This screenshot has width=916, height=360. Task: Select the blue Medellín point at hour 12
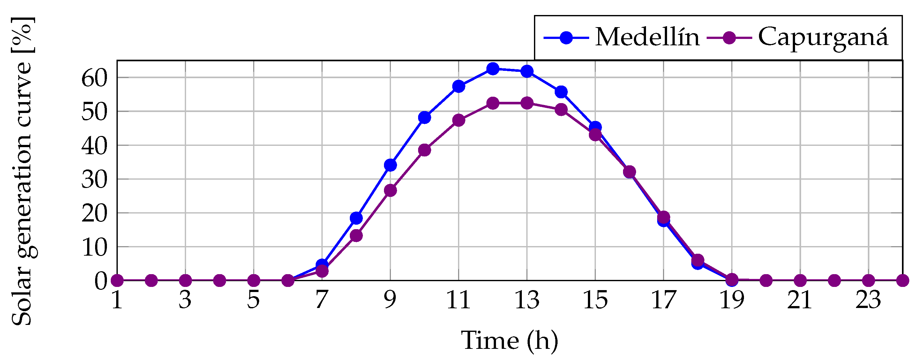click(492, 69)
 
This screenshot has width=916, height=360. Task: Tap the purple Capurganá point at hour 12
click(492, 103)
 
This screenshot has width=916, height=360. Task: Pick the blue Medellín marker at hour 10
click(424, 117)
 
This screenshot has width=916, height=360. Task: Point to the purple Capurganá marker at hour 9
click(390, 191)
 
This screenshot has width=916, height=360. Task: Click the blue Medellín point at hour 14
click(561, 92)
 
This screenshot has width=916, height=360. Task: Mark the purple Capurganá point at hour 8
click(356, 236)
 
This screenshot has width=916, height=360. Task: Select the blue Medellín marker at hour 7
click(322, 265)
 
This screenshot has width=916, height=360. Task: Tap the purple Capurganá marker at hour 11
click(459, 120)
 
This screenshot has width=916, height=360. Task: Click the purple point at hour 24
click(903, 281)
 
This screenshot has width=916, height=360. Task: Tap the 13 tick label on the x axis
click(527, 300)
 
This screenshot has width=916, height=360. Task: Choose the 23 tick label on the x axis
click(868, 300)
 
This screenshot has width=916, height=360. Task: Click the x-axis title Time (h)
click(509, 341)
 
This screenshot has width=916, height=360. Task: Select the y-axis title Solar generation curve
click(22, 171)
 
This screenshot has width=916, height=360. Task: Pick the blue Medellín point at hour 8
click(356, 218)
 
